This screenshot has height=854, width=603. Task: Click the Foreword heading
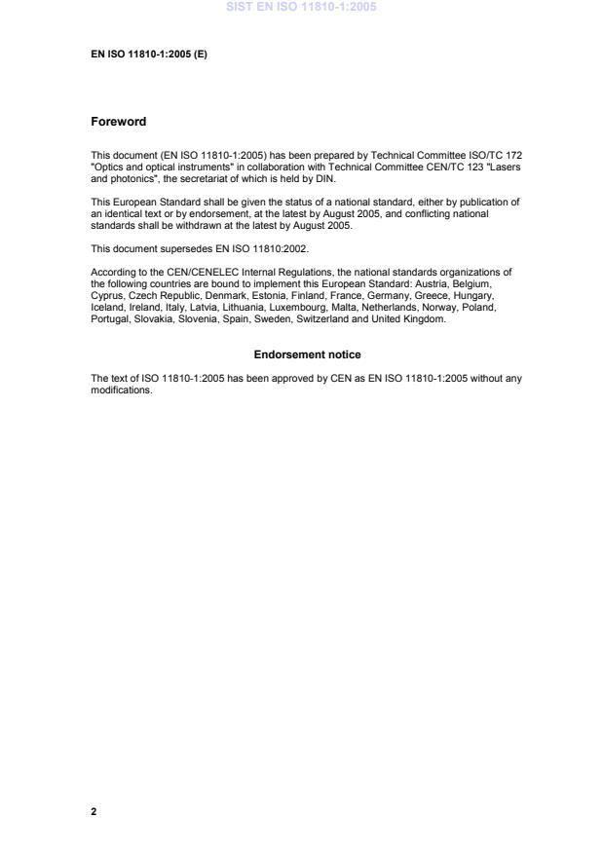click(118, 122)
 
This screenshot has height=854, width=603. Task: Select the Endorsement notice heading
click(307, 354)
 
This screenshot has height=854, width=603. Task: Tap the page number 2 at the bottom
click(94, 810)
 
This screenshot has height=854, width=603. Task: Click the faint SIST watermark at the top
click(301, 7)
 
